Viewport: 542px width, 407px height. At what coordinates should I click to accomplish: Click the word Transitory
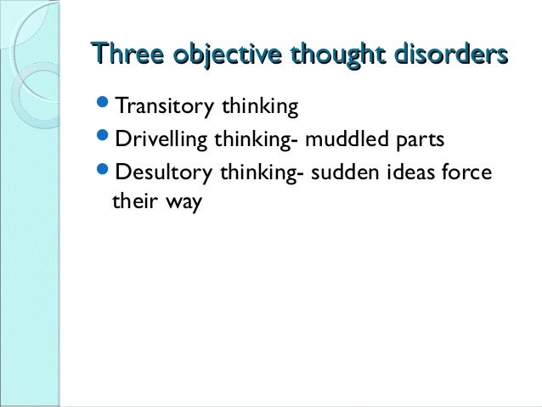pyautogui.click(x=164, y=108)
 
